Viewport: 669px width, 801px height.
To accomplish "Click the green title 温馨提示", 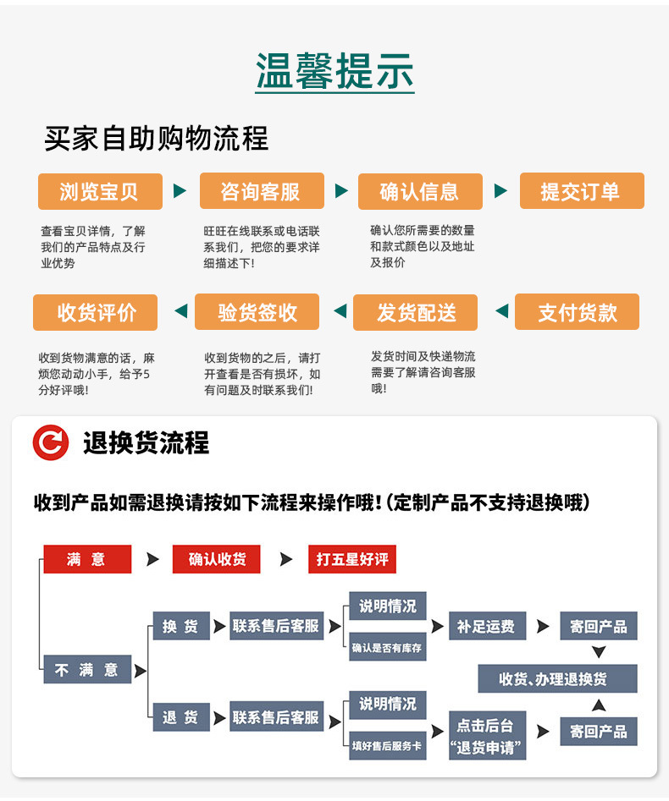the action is coord(334,72).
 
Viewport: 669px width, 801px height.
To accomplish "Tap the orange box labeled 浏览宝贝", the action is coord(99,191).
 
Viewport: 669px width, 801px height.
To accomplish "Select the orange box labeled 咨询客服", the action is coord(261,191).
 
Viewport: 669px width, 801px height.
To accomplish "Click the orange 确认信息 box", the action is coord(419,191).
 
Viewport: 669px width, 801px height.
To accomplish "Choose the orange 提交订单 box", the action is coord(581,191).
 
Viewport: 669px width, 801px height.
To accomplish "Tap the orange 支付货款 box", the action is coord(578,312).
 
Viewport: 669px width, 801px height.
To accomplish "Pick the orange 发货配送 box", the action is coord(416,312).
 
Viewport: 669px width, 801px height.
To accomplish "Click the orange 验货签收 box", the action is coord(257,312).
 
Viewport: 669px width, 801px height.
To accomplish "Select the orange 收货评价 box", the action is coord(97,312).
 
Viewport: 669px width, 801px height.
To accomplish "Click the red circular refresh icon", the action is coord(51,443).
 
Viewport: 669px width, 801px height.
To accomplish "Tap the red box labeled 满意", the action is coord(87,559).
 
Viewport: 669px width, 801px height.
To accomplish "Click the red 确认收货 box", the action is coord(217,559).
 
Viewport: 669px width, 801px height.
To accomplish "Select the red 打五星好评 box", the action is coord(351,559).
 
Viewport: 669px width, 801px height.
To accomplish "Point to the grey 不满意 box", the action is coord(87,670).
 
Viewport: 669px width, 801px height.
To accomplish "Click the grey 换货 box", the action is coord(180,627).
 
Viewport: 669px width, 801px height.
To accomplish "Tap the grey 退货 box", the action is coord(180,717).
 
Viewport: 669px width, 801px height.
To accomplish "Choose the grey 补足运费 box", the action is coord(486,627).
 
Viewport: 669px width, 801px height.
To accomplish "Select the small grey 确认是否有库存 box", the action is coord(387,649).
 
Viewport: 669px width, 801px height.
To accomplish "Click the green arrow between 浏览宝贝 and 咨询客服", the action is coord(180,191).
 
